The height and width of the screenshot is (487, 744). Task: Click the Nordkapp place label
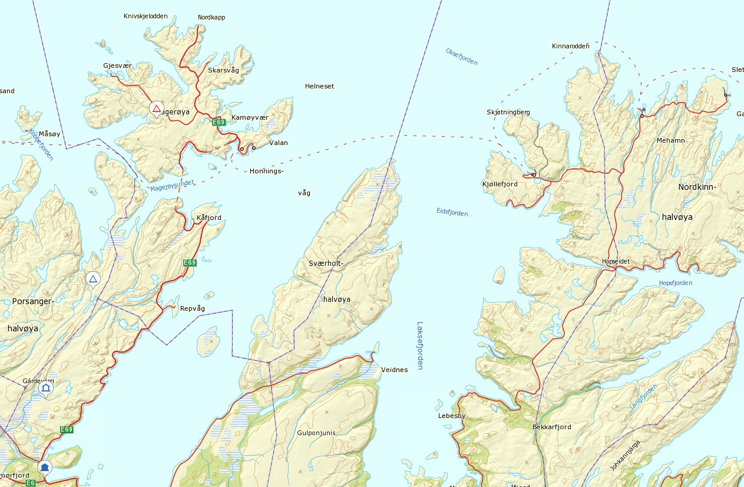point(211,17)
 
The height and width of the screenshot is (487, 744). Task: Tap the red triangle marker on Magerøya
point(156,108)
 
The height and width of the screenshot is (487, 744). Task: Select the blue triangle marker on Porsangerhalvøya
point(92,278)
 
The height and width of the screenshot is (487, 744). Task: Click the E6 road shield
point(31,483)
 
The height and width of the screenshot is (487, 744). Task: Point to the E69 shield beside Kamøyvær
point(219,122)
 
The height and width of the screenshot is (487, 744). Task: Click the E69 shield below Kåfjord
point(189,262)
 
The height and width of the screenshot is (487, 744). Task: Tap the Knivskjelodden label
point(146,16)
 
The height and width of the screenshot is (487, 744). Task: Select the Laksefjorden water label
point(420,345)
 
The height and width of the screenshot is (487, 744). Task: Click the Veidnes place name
point(394,370)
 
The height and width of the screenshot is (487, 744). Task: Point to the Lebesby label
point(452,416)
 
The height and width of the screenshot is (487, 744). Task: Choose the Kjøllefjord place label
point(500,184)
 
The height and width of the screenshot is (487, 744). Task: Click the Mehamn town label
point(671,140)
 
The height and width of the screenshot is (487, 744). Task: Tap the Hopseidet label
point(616,261)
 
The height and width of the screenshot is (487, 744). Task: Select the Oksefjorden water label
point(461,57)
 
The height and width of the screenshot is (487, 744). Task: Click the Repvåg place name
point(192,308)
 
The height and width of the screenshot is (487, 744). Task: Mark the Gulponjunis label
point(316,433)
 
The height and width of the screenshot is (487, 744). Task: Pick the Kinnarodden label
point(570,45)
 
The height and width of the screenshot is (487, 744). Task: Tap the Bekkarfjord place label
point(551,427)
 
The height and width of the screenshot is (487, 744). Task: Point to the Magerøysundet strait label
point(172,186)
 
